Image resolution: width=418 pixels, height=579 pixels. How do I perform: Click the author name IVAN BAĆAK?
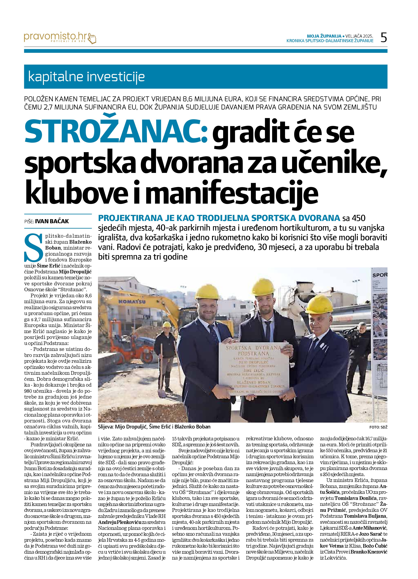point(52,221)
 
